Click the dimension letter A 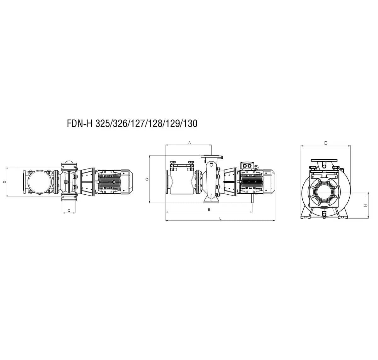click(189, 143)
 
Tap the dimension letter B click(209, 210)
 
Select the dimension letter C click(69, 211)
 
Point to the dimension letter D click(5, 182)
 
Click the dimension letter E click(325, 143)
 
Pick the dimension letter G click(147, 179)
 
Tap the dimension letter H click(365, 205)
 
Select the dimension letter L click(220, 218)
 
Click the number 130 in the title click(191, 123)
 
